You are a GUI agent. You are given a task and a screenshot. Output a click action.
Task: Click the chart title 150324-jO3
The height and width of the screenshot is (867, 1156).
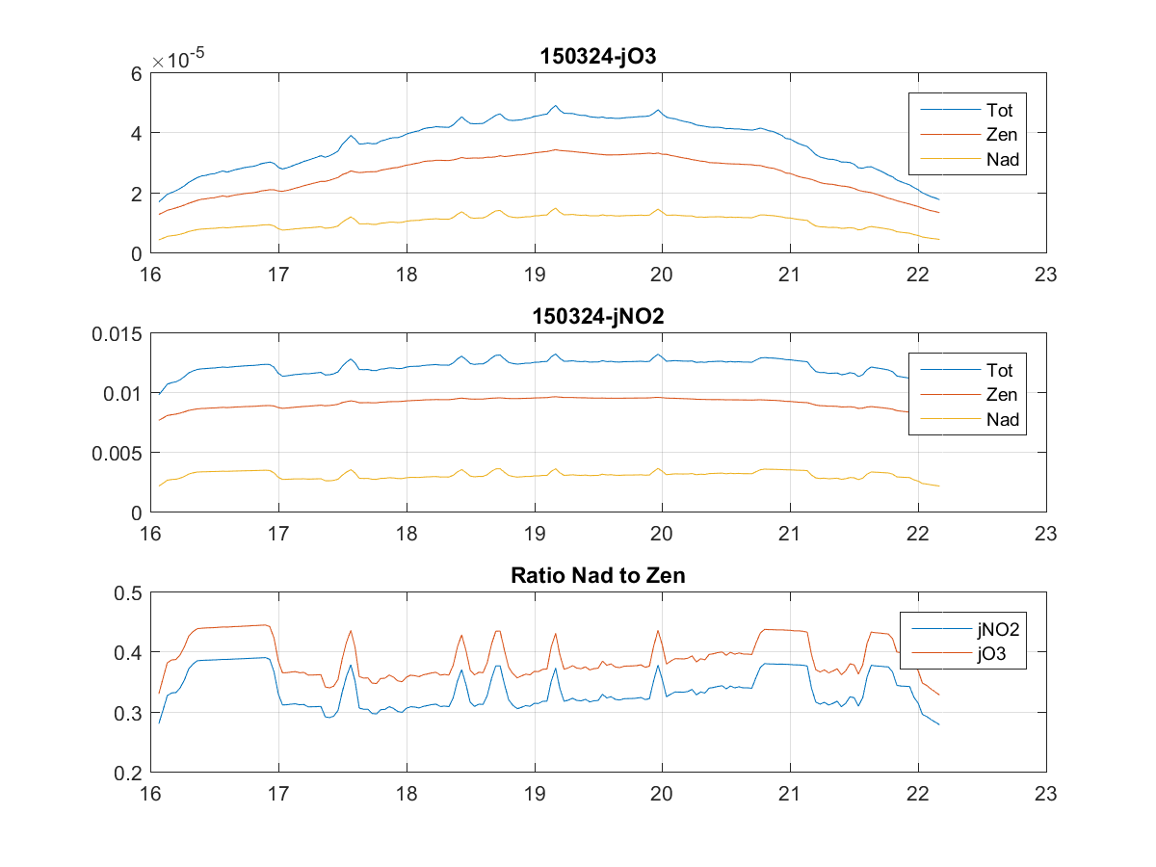598,57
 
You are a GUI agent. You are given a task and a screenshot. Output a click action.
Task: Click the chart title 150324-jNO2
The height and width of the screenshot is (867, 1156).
598,316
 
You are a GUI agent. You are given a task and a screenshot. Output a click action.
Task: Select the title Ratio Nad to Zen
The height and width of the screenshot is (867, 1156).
598,576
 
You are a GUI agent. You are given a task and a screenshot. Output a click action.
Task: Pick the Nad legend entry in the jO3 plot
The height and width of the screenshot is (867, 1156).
1001,160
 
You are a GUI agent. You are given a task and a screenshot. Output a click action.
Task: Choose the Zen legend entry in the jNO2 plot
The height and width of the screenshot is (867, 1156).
1001,394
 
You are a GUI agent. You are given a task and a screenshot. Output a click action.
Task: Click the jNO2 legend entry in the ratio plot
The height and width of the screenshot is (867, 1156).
997,630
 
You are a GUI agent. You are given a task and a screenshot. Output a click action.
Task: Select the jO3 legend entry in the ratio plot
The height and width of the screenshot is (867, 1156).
992,655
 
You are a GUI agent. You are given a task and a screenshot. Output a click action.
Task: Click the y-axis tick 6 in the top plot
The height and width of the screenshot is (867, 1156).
137,73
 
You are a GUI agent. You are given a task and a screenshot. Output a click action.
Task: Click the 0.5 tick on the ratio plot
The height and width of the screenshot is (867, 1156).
129,592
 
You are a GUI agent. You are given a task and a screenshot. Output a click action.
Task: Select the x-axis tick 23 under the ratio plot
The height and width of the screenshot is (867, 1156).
1046,794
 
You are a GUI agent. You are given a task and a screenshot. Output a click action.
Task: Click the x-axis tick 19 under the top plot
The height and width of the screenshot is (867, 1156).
534,274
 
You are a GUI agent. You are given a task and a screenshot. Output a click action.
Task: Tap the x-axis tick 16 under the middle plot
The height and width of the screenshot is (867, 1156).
150,534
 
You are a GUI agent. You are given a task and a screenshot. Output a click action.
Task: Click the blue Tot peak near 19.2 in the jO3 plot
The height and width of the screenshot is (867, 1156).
556,106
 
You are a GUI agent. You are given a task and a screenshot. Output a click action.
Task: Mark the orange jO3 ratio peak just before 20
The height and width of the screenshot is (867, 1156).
658,631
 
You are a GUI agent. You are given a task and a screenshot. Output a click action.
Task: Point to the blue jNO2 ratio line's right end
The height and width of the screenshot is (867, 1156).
938,724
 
